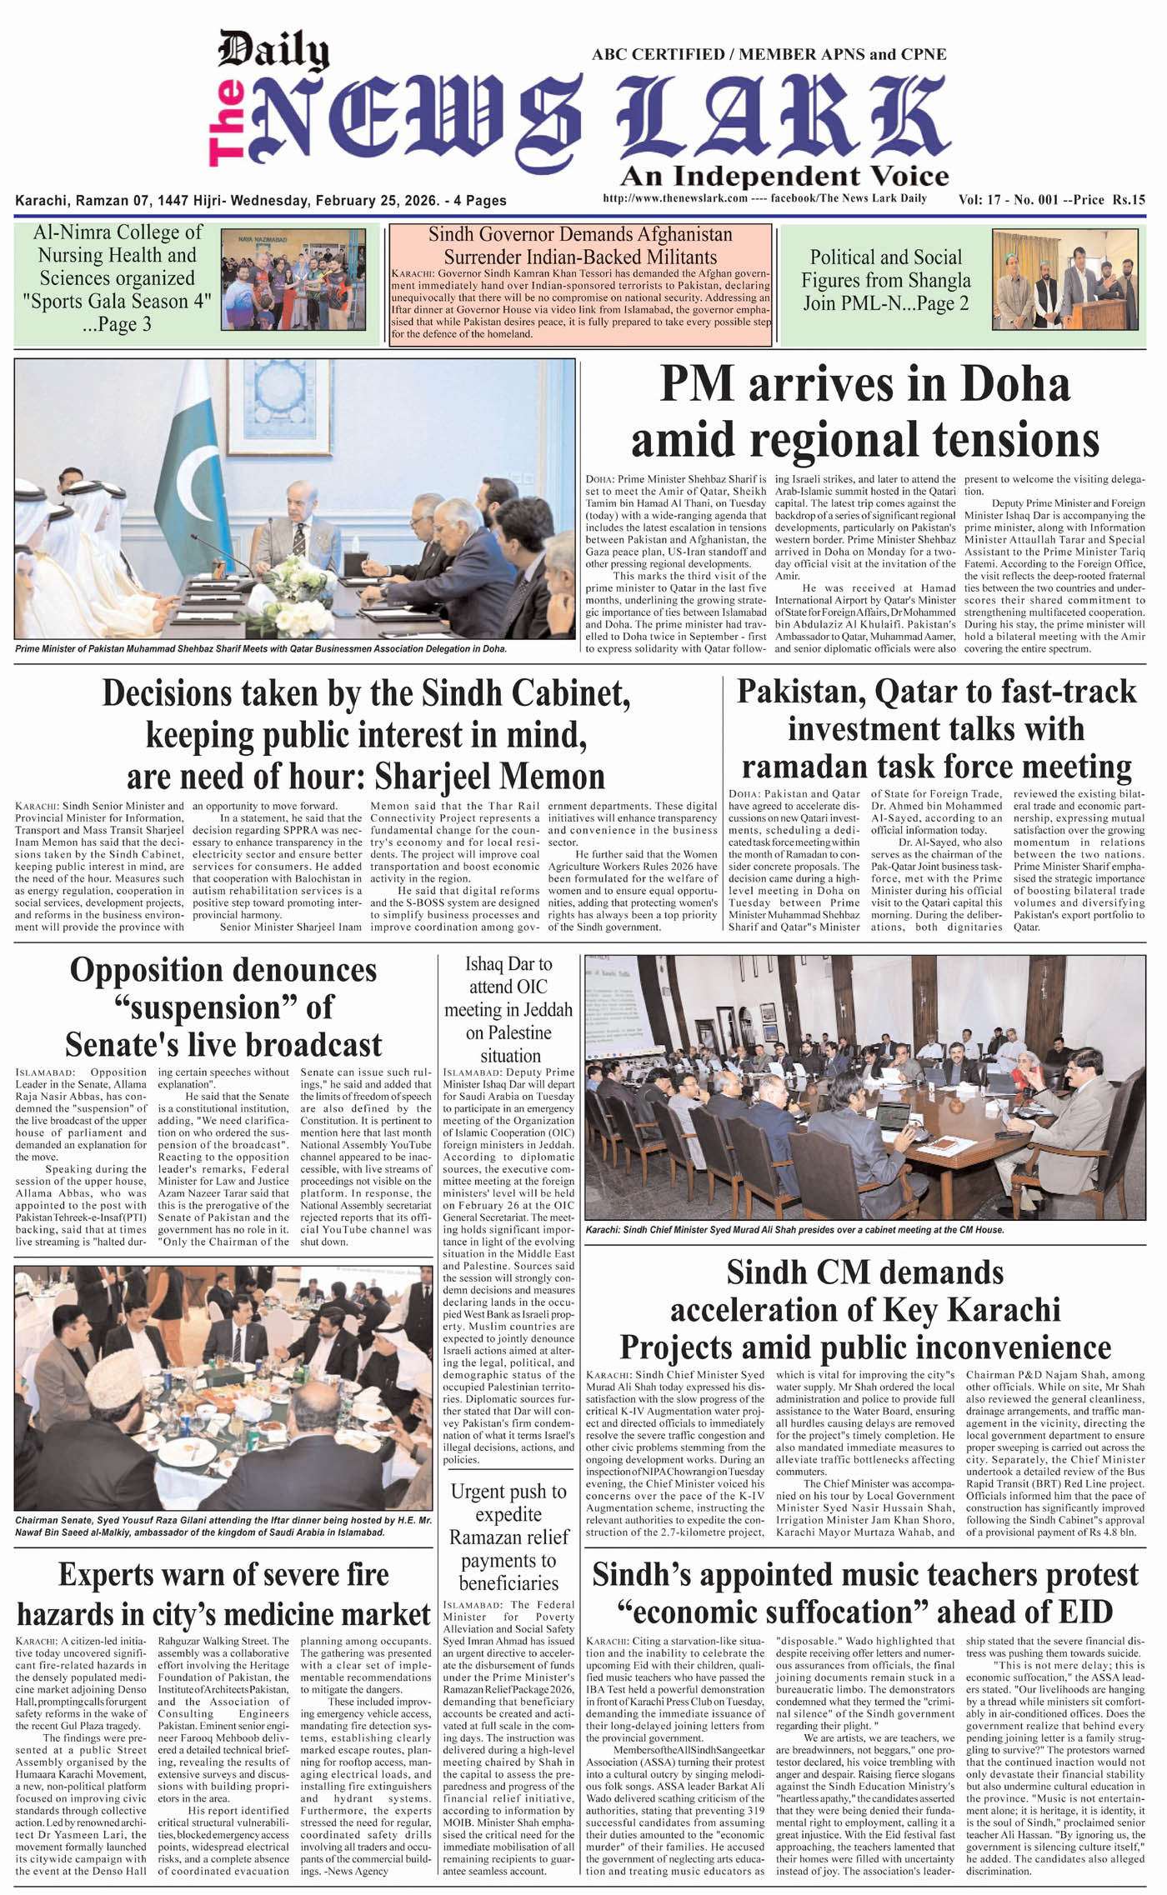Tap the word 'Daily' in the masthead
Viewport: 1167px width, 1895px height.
coord(273,51)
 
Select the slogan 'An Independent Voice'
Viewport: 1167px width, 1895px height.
coord(784,176)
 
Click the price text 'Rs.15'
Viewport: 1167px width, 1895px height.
coord(1128,200)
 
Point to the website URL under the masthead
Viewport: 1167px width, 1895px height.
coord(674,198)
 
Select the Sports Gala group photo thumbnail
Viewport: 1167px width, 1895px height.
coord(293,279)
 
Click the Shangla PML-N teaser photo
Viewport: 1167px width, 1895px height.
coord(1064,279)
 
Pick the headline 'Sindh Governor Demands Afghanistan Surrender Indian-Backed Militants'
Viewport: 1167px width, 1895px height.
coord(580,246)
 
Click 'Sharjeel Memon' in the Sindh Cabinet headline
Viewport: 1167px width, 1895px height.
coord(489,776)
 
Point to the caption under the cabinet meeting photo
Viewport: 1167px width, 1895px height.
coord(794,1229)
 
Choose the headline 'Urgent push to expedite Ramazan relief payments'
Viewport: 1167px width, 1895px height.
coord(508,1537)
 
